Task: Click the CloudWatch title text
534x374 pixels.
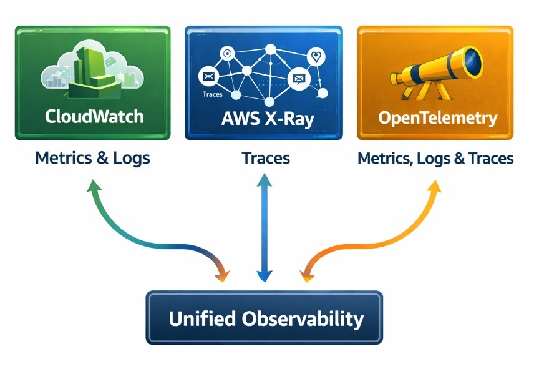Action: (94, 116)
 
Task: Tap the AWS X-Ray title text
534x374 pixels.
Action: (263, 118)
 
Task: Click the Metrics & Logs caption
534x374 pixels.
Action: (92, 157)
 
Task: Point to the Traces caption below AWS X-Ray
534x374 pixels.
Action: (266, 158)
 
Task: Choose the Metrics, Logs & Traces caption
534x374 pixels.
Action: (435, 158)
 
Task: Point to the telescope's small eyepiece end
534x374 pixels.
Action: (396, 79)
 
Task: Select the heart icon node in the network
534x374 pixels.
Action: (318, 57)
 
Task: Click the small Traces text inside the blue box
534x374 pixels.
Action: (213, 94)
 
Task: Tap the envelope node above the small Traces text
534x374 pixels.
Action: (208, 77)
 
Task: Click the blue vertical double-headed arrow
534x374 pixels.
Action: (264, 228)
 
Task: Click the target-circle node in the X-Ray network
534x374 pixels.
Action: (227, 54)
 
